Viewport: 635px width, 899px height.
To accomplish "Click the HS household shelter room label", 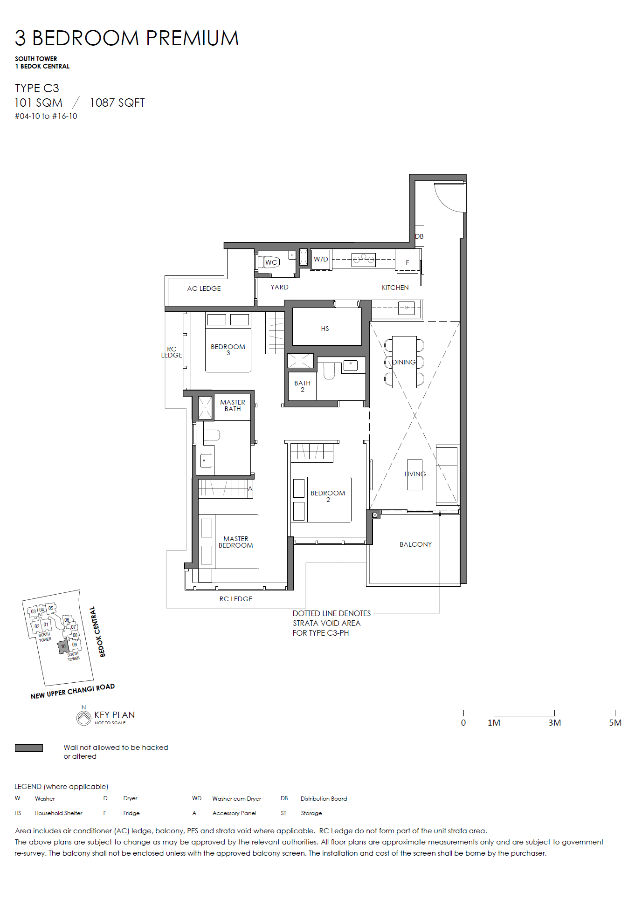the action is click(325, 329).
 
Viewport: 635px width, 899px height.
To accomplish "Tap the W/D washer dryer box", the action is click(321, 260).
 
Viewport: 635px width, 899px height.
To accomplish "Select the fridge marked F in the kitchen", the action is click(407, 262).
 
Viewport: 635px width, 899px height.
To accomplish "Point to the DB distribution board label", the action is click(420, 236).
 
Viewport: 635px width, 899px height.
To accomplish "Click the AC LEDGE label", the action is click(204, 288).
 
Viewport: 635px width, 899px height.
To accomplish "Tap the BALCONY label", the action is click(415, 544).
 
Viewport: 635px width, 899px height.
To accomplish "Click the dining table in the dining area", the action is click(404, 362).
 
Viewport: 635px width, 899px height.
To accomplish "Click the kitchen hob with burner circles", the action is click(364, 259).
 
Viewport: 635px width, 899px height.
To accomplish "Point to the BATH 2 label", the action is click(302, 386).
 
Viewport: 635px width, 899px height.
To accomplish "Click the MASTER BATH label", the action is click(233, 405).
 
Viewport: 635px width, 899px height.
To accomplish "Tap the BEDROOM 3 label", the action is click(228, 350).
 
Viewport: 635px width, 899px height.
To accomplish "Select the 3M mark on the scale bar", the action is click(554, 722).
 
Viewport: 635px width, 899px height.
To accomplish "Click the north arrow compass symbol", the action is click(84, 717).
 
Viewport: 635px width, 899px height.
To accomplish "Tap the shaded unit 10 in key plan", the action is click(63, 646).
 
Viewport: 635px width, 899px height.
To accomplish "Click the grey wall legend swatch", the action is click(29, 748).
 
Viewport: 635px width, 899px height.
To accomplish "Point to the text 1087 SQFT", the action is click(117, 103).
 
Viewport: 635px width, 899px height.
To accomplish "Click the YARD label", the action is click(279, 287).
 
